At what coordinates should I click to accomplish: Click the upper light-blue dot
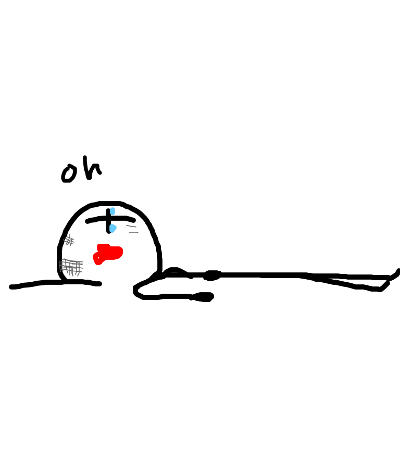pos(113,211)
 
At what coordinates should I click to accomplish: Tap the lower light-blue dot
pos(113,228)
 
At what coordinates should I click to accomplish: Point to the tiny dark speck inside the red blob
pos(98,257)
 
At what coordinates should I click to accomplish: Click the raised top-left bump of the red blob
pos(103,246)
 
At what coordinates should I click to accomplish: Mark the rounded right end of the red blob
pos(121,252)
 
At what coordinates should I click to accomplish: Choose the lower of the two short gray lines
pos(133,232)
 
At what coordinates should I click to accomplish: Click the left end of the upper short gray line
pos(127,226)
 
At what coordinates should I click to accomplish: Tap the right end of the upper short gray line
pos(136,227)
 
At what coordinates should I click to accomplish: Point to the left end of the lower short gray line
pos(129,232)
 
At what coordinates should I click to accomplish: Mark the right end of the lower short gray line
pos(138,233)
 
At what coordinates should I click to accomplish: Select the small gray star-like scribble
pos(69,241)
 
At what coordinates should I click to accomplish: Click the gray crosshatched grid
pos(71,267)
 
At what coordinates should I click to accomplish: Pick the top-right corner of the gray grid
pos(82,261)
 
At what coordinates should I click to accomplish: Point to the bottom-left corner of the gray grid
pos(60,271)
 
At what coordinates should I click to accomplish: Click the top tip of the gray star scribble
pos(70,234)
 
